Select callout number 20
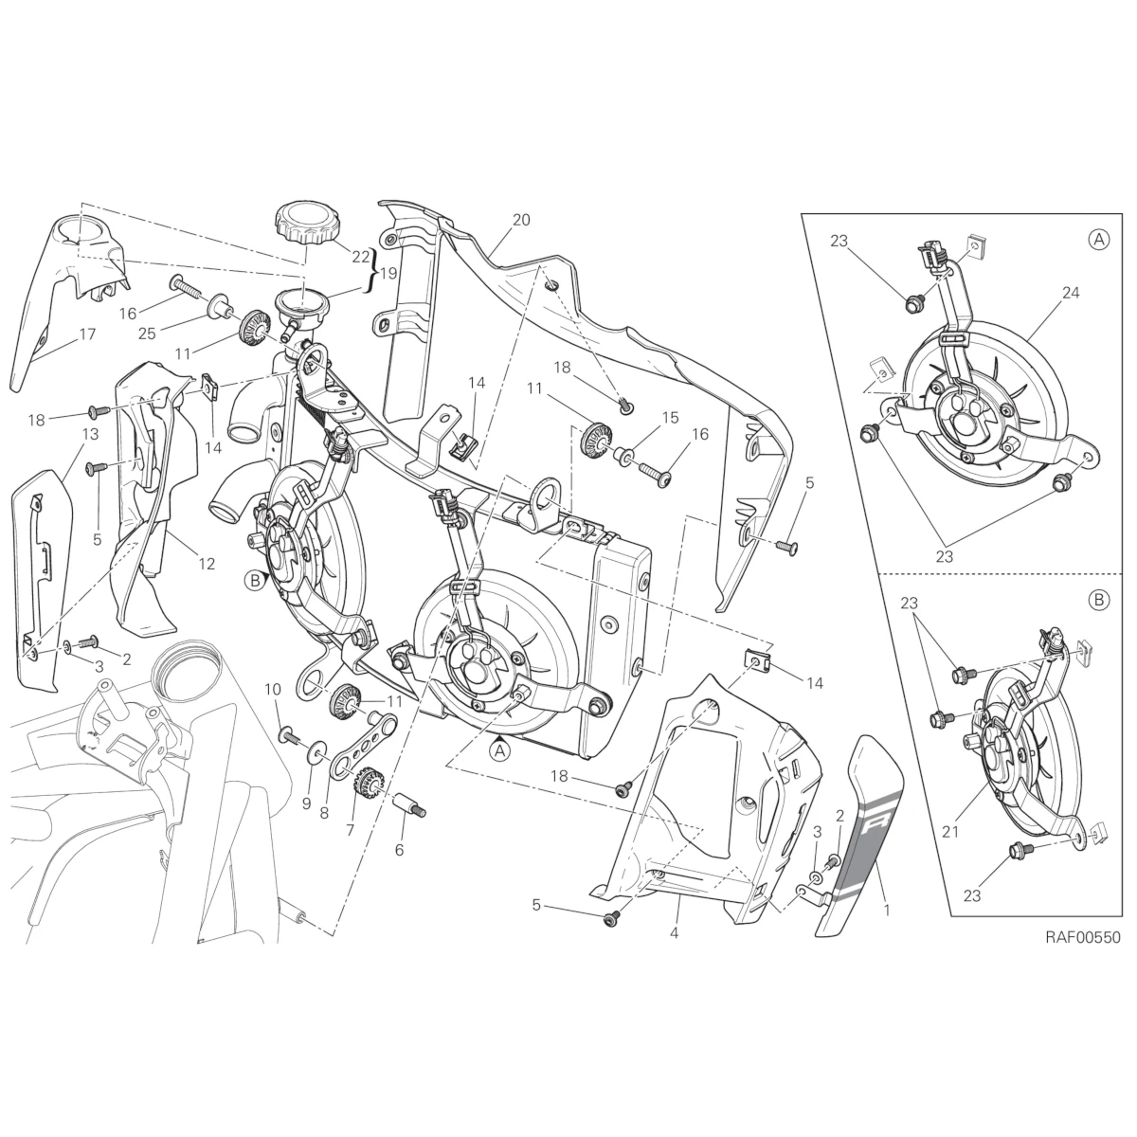pos(520,220)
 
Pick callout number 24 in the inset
pos(1043,293)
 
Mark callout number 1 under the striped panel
pos(886,909)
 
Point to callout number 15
pos(671,418)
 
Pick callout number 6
pos(399,850)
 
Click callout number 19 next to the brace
pos(388,274)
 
